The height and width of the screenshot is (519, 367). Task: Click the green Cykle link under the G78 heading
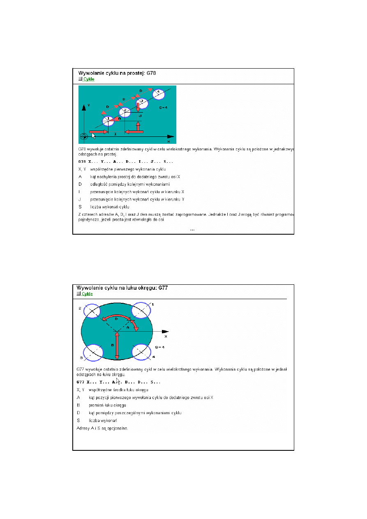coord(88,79)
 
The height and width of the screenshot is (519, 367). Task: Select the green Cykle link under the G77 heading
coord(87,294)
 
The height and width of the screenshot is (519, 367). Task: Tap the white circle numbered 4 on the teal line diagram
coord(158,94)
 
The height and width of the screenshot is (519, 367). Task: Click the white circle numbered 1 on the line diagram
coord(108,121)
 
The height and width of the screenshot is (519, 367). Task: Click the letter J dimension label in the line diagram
coord(140,116)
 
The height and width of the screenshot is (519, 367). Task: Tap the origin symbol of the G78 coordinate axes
coord(83,136)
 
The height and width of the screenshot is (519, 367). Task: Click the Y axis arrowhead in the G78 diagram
coord(84,106)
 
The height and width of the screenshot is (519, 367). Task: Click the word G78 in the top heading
coord(149,73)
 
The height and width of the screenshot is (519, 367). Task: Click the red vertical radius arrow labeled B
coord(117,345)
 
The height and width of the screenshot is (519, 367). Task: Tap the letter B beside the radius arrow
coord(112,345)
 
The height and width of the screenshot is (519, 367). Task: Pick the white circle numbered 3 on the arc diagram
coord(93,352)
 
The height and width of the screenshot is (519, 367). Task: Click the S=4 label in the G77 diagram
coord(160,347)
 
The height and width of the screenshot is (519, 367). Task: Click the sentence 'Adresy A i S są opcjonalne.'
coord(102,428)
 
